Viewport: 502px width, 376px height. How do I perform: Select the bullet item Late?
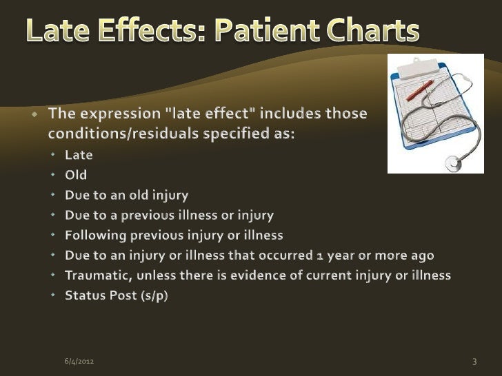[79, 156]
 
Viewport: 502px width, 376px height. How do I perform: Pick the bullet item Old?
[76, 176]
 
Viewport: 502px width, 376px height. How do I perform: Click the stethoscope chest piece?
[453, 164]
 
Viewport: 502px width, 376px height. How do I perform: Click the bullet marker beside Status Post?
[56, 296]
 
